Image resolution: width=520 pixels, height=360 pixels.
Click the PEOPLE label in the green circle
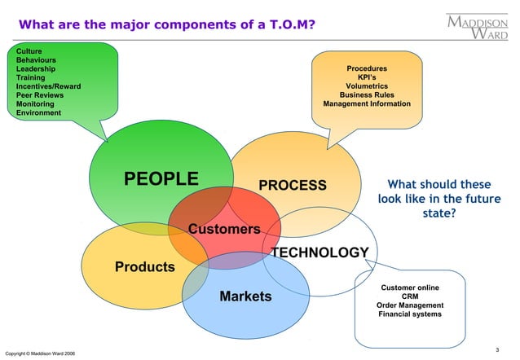161,178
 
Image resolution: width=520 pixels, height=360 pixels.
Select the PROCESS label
293,185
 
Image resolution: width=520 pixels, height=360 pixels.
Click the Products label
145,266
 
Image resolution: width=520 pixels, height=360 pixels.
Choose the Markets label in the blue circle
245,296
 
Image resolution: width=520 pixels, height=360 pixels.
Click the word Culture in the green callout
30,52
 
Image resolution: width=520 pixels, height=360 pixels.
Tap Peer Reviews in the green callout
40,95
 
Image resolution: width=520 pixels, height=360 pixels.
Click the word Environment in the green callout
38,112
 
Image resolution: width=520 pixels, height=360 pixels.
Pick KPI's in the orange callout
367,77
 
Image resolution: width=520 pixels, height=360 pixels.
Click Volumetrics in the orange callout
367,86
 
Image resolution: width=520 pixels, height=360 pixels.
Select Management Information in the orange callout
367,104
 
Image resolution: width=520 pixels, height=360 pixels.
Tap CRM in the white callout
410,296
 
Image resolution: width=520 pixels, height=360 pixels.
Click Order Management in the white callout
410,305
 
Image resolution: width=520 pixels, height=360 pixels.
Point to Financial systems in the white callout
410,314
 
